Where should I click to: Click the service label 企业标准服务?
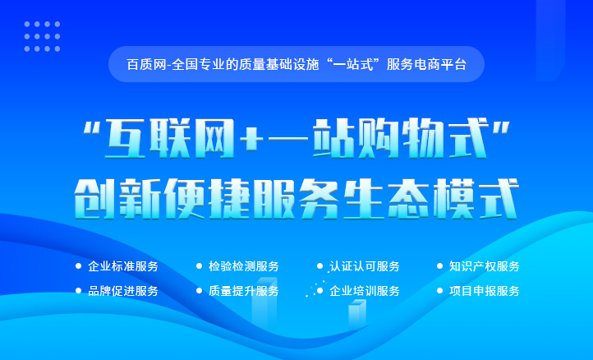[x=123, y=266]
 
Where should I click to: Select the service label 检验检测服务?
[x=244, y=266]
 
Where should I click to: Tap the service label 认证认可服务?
[x=365, y=266]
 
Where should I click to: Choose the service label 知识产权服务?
[x=484, y=266]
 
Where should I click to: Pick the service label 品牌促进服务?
[x=123, y=291]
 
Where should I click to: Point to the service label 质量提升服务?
[x=244, y=291]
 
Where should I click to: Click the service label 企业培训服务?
[x=365, y=291]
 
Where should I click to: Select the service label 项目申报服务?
[x=484, y=291]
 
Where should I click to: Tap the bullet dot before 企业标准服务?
[x=78, y=266]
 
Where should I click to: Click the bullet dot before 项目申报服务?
[x=439, y=291]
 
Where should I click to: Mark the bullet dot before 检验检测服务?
[x=199, y=266]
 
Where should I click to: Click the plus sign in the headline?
[x=251, y=139]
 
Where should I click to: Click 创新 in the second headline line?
[x=117, y=199]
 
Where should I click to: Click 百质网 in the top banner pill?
[x=147, y=64]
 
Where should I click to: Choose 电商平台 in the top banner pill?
[x=440, y=64]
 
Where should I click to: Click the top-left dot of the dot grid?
[x=27, y=24]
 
